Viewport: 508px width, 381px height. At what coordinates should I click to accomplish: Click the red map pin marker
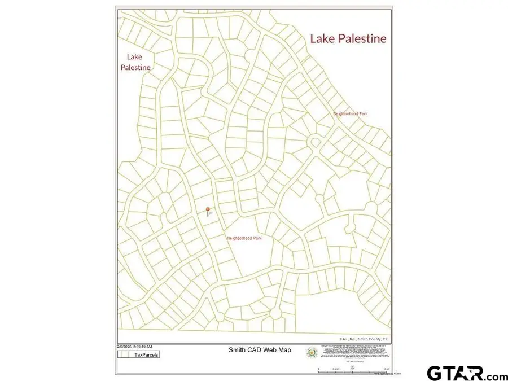pyautogui.click(x=208, y=211)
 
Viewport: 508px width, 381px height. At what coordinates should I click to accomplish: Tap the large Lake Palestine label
pyautogui.click(x=348, y=38)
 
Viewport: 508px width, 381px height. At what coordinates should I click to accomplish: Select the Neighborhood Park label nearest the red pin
pyautogui.click(x=244, y=238)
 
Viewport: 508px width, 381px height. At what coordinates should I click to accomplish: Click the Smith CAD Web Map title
pyautogui.click(x=260, y=350)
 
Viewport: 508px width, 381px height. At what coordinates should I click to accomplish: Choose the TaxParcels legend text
pyautogui.click(x=146, y=355)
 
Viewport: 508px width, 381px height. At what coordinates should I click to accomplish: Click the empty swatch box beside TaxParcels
pyautogui.click(x=124, y=355)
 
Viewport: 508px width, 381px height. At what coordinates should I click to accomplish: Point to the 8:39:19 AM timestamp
pyautogui.click(x=142, y=347)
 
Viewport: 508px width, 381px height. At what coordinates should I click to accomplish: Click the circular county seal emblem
pyautogui.click(x=311, y=353)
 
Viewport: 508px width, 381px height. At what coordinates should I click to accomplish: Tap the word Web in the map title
pyautogui.click(x=269, y=350)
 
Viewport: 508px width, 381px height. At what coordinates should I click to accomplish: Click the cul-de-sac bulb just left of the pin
pyautogui.click(x=163, y=216)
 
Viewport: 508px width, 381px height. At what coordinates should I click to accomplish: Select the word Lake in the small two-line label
pyautogui.click(x=134, y=56)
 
